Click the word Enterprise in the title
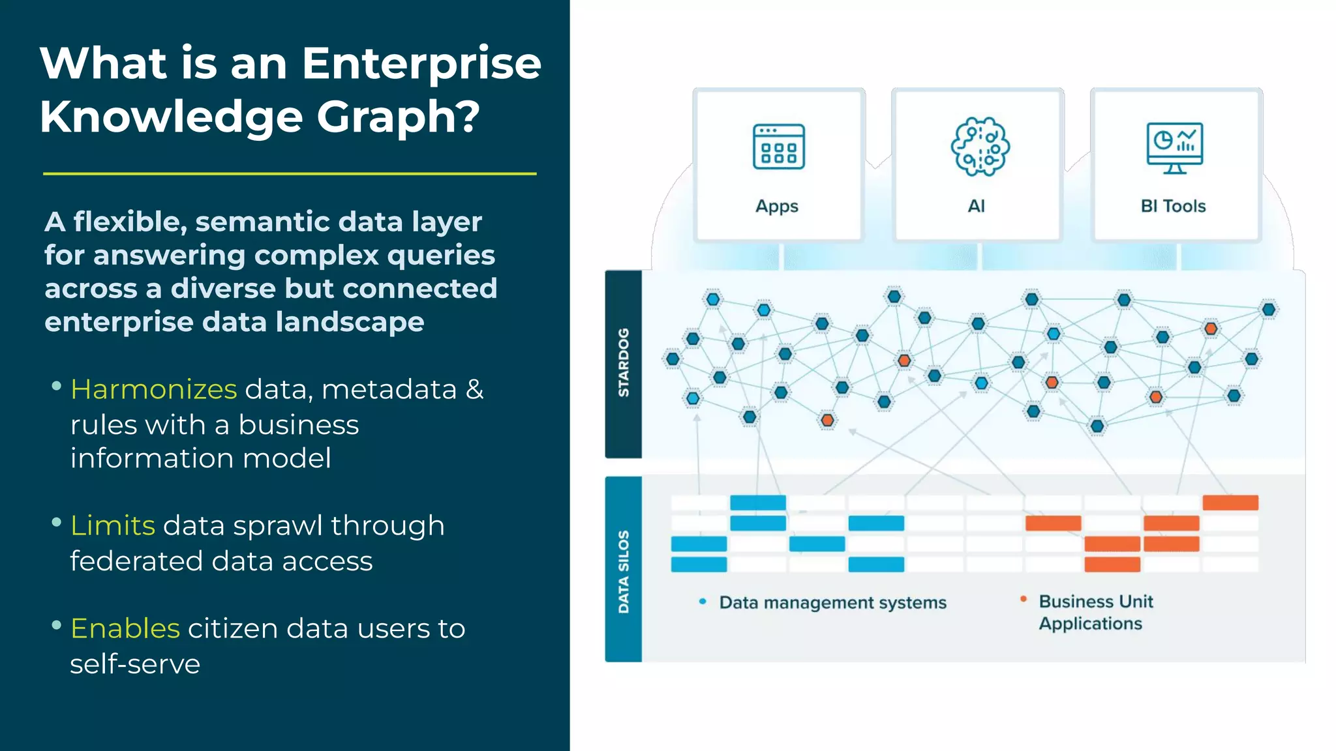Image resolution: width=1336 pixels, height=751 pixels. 421,64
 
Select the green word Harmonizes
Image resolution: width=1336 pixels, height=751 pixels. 153,389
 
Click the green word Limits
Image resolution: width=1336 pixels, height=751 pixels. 112,525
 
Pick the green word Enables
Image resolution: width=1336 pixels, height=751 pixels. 125,628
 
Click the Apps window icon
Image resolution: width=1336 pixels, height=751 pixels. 778,147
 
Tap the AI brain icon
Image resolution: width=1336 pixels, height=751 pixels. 979,147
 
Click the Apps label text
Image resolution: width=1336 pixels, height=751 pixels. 776,206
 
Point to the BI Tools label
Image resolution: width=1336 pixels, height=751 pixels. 1173,206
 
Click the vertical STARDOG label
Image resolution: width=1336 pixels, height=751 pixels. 624,362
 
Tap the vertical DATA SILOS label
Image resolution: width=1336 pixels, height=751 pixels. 624,571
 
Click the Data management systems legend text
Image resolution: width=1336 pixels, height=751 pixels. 832,602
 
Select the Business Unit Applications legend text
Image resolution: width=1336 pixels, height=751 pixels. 1095,612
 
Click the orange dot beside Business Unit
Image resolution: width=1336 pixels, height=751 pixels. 1024,598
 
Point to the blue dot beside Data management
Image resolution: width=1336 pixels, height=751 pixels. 703,602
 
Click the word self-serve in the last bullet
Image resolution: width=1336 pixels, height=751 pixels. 135,664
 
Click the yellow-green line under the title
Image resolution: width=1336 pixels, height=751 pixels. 290,174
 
